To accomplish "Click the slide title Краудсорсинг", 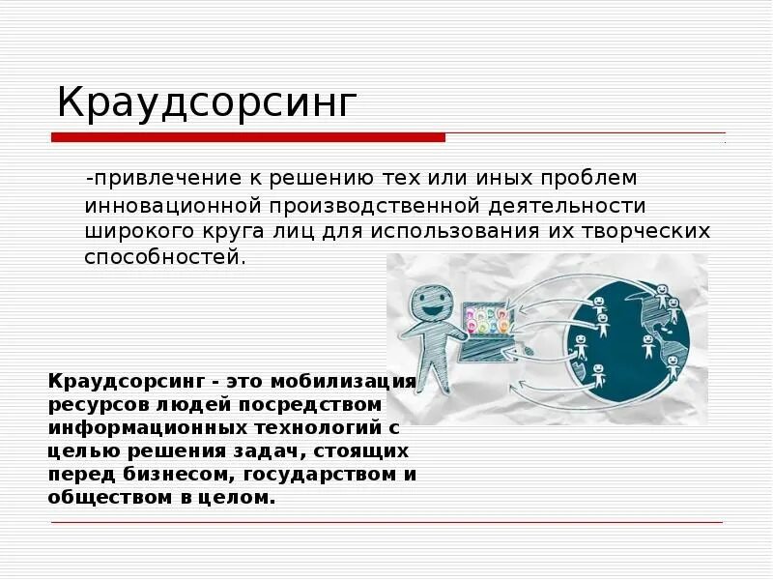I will [207, 101].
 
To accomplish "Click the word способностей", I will [162, 257].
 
